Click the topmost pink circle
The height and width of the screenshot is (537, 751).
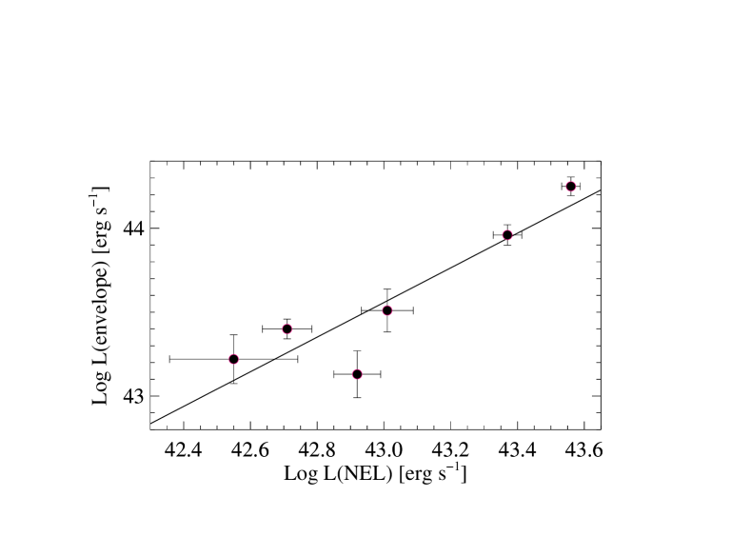tap(570, 187)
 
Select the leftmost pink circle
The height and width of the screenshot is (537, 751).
tap(233, 359)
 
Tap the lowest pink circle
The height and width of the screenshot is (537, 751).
tap(357, 374)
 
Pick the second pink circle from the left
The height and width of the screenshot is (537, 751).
tap(287, 329)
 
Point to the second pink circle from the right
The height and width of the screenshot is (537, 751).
tap(507, 235)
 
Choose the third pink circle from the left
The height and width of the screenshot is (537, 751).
tap(357, 374)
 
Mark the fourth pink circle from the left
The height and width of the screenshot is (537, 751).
tap(387, 310)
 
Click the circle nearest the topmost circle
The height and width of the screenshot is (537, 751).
tap(507, 235)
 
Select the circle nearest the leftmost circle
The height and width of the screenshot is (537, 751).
tap(287, 329)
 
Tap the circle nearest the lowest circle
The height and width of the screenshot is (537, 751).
tap(387, 310)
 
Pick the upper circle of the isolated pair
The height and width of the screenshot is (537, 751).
tap(570, 187)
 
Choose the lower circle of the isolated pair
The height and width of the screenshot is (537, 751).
tap(507, 235)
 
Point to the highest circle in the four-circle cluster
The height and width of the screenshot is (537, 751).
tap(387, 310)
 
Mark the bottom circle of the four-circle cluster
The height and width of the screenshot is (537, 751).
tap(357, 374)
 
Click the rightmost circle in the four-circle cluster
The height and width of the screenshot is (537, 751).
tap(387, 310)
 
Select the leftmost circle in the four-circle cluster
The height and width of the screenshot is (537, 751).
tap(233, 359)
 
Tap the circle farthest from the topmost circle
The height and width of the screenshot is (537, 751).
tap(233, 359)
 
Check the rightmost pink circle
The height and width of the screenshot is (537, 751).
tap(570, 187)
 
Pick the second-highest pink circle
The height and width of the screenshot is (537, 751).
tap(507, 235)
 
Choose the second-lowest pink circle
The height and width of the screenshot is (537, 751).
tap(233, 359)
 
